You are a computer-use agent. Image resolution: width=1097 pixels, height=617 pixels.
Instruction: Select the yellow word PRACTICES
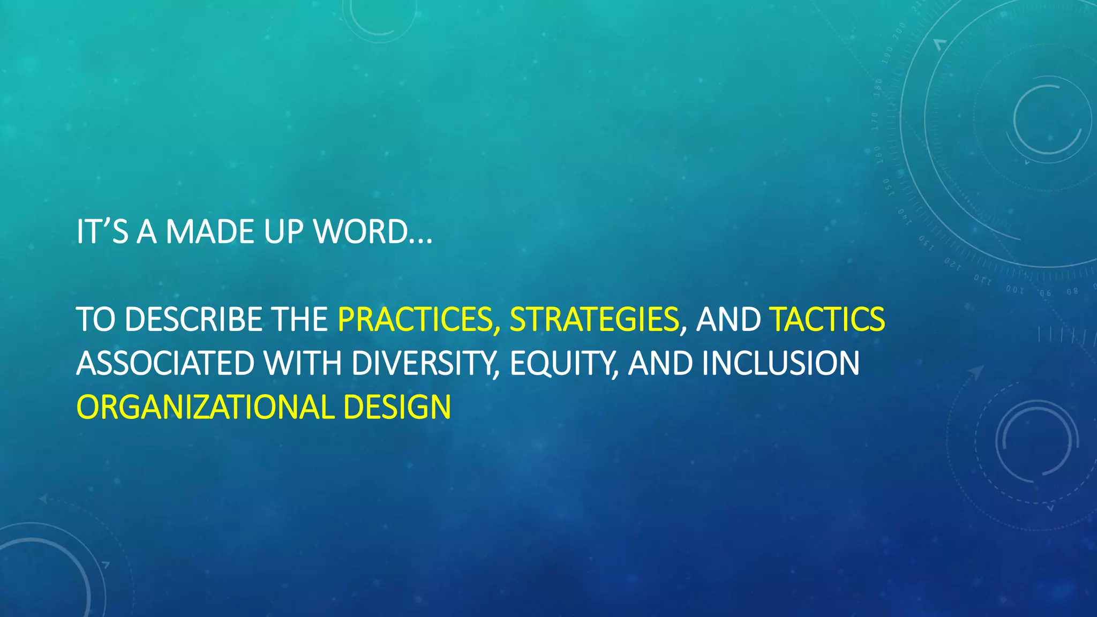[x=415, y=319]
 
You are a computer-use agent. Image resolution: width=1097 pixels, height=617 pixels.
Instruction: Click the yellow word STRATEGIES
[x=593, y=319]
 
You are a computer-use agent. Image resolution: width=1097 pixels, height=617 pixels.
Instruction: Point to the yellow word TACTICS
[x=827, y=319]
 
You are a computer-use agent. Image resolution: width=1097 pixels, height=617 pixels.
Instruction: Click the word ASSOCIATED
[x=165, y=363]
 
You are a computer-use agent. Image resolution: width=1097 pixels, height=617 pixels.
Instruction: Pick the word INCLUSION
[x=780, y=363]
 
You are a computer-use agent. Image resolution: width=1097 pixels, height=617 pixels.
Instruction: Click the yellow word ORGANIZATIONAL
[x=206, y=407]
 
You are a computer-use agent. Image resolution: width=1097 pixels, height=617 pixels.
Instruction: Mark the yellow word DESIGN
[x=397, y=407]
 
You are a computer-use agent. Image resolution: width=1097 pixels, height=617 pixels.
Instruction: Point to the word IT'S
[x=102, y=232]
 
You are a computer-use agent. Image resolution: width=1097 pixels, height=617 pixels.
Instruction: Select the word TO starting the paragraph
[x=95, y=319]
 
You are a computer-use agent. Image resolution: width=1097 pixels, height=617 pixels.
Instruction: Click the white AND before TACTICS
[x=728, y=319]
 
